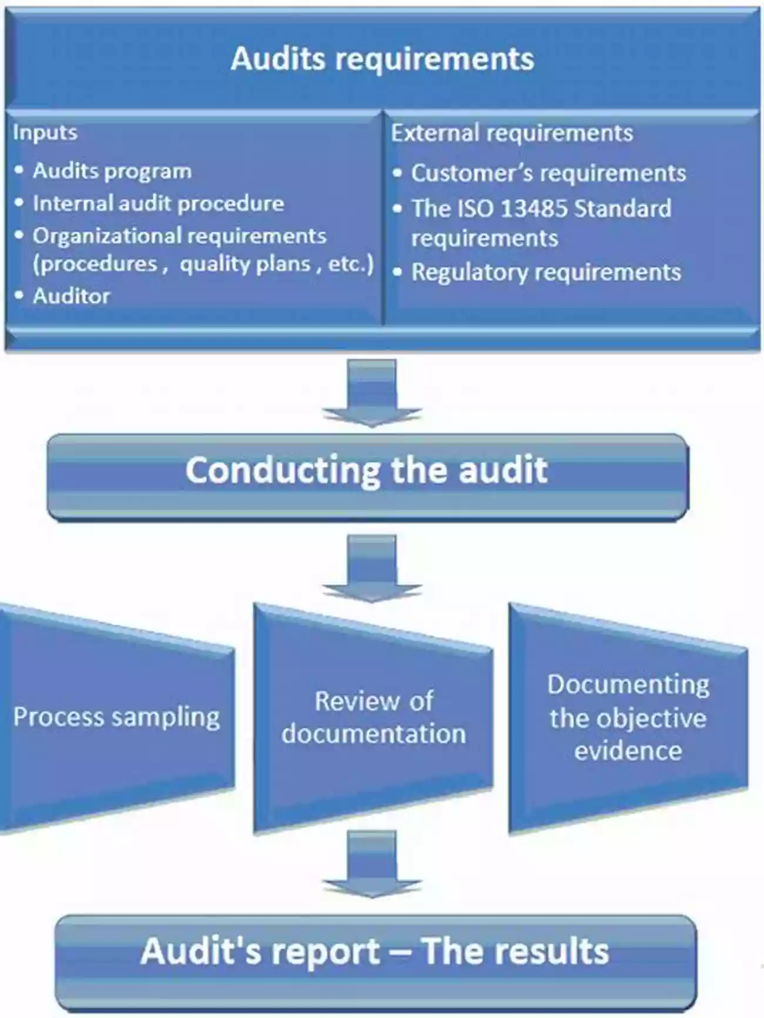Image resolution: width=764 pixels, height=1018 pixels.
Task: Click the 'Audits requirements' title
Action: pos(382,59)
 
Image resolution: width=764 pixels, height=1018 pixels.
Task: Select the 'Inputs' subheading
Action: pos(45,133)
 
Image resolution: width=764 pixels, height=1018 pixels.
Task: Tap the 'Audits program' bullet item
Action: pos(112,171)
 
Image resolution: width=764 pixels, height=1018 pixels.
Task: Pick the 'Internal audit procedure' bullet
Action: pos(158,203)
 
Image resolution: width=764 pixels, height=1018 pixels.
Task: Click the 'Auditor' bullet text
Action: pos(71,295)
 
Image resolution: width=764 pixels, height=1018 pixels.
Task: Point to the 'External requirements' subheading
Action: pos(512,133)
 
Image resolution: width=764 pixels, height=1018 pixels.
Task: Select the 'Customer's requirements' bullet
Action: pos(548,173)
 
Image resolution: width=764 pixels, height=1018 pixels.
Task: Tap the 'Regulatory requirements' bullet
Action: pos(546,272)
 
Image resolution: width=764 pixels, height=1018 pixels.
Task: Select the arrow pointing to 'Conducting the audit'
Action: pos(371,392)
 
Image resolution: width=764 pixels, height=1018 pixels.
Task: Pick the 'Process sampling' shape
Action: pos(116,717)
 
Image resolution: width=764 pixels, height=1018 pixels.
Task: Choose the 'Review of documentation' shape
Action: pos(373,717)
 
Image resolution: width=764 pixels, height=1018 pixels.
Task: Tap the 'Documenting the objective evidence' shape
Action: pos(628,717)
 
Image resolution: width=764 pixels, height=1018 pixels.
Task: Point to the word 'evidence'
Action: pos(628,751)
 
